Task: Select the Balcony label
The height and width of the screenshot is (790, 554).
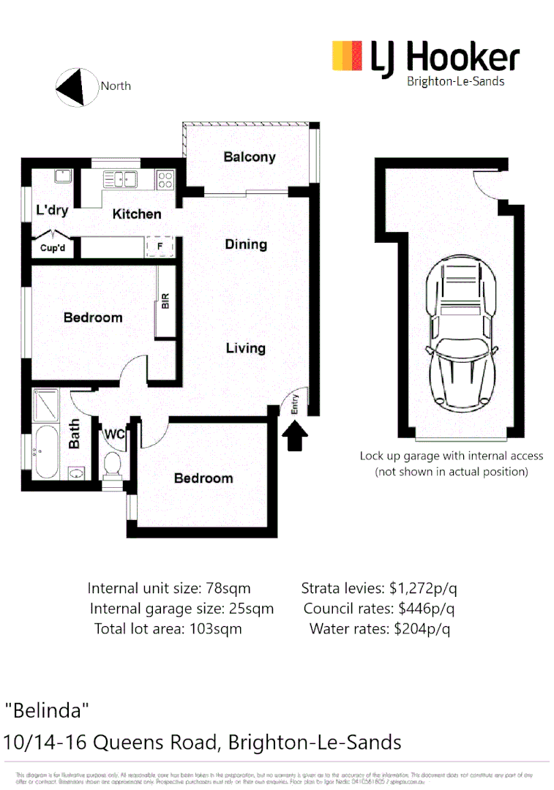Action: click(x=250, y=157)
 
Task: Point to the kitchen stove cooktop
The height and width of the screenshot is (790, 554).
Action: click(x=165, y=178)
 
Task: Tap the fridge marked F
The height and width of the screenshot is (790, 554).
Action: click(x=160, y=247)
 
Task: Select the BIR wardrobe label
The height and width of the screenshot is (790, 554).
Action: click(x=165, y=301)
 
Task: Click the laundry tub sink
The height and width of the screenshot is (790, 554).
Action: click(x=61, y=176)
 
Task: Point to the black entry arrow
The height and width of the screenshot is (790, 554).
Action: click(x=295, y=438)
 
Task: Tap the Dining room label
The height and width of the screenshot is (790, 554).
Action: click(x=246, y=244)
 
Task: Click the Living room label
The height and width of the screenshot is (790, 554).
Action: click(x=245, y=348)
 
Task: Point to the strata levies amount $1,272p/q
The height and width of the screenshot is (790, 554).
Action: click(x=423, y=588)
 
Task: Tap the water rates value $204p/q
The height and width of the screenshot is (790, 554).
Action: click(x=422, y=628)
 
